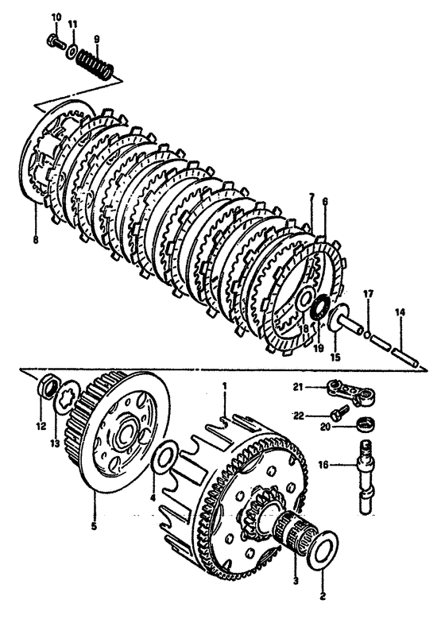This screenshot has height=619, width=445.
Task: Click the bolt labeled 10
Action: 56,41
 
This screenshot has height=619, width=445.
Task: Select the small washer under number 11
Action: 72,52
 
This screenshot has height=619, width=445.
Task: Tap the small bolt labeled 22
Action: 339,412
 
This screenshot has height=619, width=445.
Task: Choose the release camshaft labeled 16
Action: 367,477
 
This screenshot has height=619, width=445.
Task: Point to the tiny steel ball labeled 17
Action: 367,335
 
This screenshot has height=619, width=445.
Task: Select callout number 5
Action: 94,526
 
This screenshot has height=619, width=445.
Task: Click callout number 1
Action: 224,385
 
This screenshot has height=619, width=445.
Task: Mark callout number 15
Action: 335,358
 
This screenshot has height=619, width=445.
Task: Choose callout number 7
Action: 311,195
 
